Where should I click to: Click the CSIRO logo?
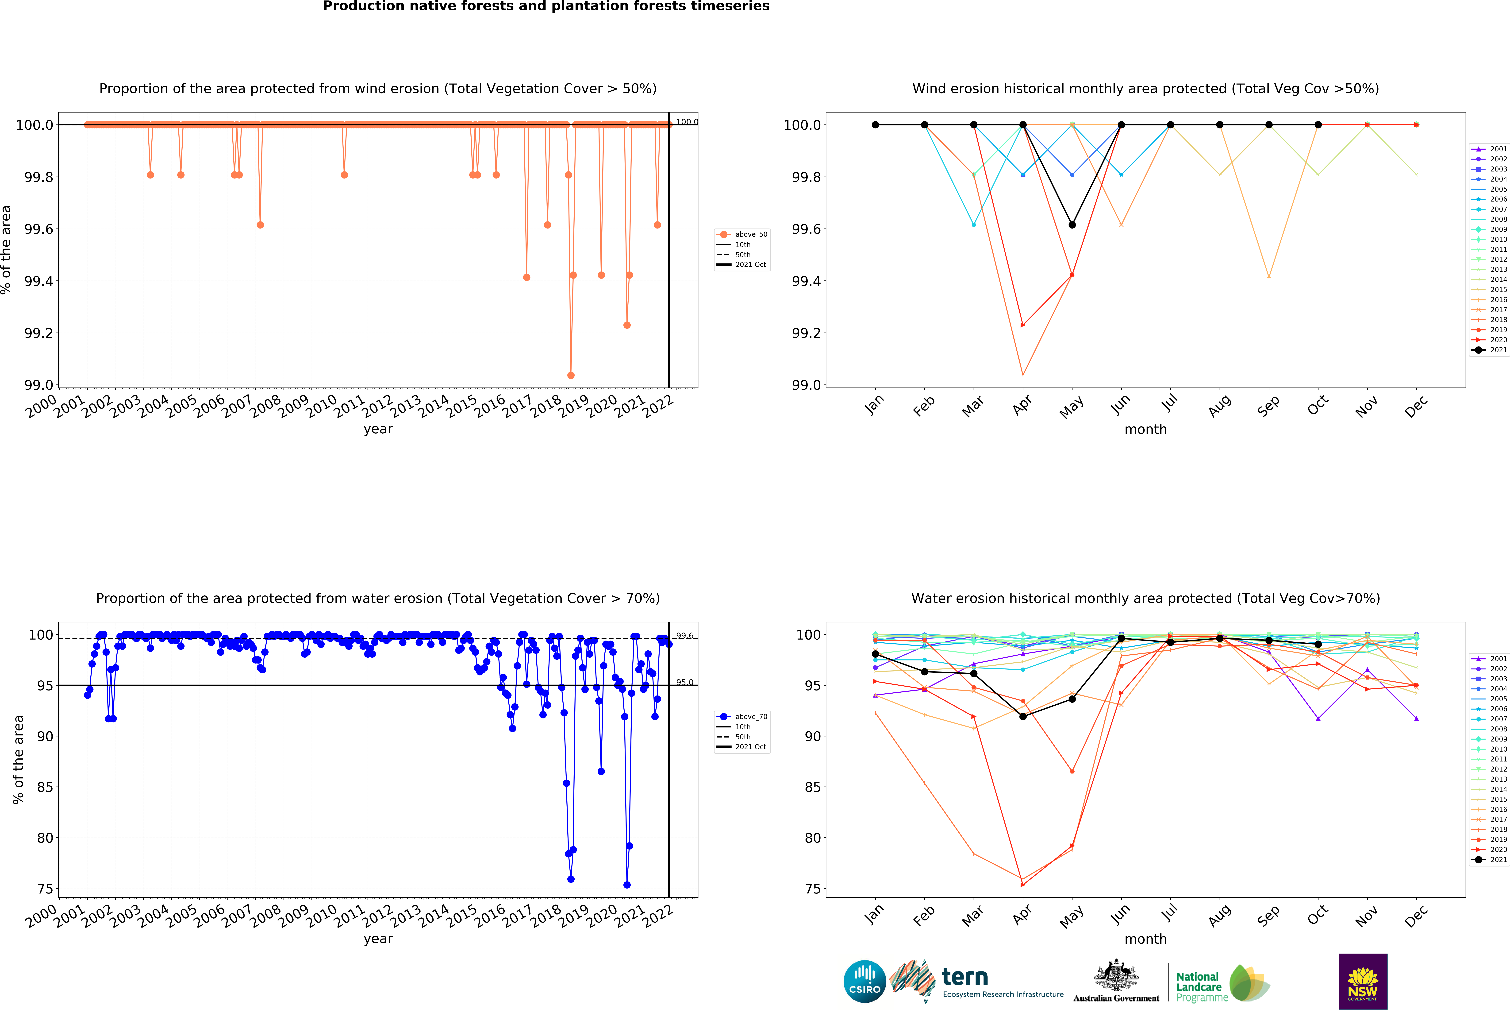click(x=864, y=981)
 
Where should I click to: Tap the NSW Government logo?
click(x=1363, y=981)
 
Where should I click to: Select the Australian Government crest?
click(x=1116, y=975)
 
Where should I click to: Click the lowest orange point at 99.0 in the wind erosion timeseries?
click(x=570, y=375)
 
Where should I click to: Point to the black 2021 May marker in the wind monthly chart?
click(x=1072, y=225)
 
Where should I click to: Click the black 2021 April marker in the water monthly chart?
click(x=1023, y=716)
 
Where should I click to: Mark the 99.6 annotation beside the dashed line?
click(x=685, y=636)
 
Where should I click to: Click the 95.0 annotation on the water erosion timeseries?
click(x=685, y=682)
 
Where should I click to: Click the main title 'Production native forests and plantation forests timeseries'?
click(x=546, y=7)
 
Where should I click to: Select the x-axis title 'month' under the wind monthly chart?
click(x=1145, y=430)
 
